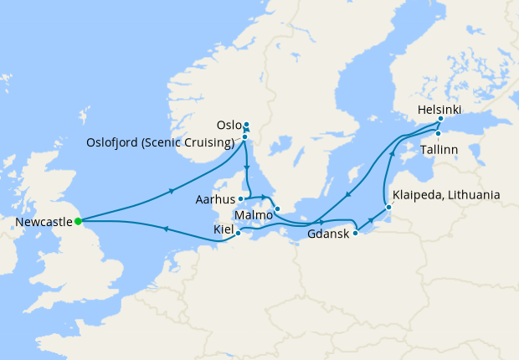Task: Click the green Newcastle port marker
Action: coord(78,221)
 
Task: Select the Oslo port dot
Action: coord(246,126)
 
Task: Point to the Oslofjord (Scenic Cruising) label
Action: coord(160,141)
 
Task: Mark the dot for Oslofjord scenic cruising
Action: coord(244,136)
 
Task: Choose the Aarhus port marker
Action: coord(241,199)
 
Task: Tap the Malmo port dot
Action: coord(277,208)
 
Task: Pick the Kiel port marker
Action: coord(239,234)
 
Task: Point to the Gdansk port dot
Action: coord(355,234)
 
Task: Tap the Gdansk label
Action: coord(327,234)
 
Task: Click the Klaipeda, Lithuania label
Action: coord(446,195)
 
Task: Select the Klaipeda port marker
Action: coord(388,207)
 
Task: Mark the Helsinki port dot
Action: coord(440,119)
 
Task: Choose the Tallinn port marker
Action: coord(438,133)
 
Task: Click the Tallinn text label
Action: coord(439,149)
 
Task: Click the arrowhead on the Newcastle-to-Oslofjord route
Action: coord(172,191)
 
